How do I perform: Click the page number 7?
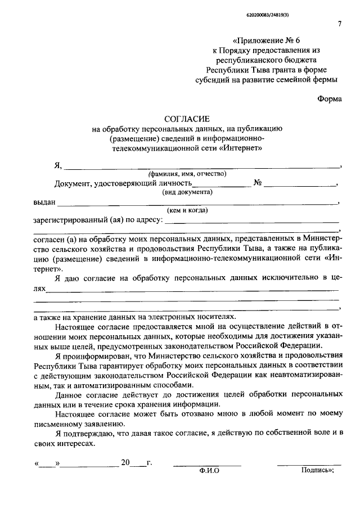pyautogui.click(x=339, y=24)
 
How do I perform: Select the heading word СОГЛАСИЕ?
pyautogui.click(x=186, y=119)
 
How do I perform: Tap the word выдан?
pyautogui.click(x=44, y=201)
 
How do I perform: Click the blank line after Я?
pyautogui.click(x=202, y=167)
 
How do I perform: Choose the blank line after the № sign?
pyautogui.click(x=300, y=185)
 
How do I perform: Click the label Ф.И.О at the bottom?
pyautogui.click(x=209, y=471)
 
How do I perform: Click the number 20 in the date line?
pyautogui.click(x=125, y=463)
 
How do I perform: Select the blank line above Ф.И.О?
pyautogui.click(x=207, y=465)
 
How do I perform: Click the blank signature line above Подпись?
pyautogui.click(x=309, y=465)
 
